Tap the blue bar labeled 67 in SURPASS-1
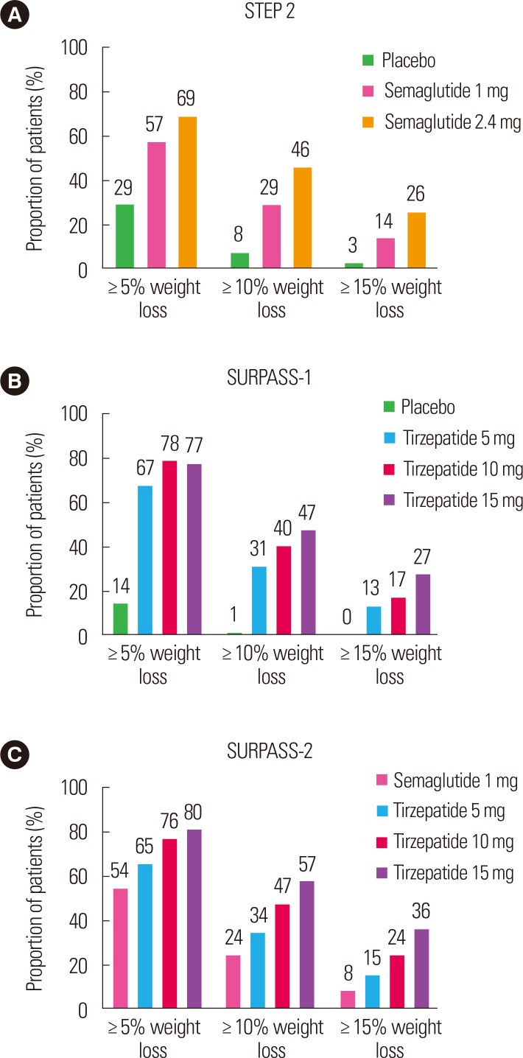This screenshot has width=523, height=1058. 145,560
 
